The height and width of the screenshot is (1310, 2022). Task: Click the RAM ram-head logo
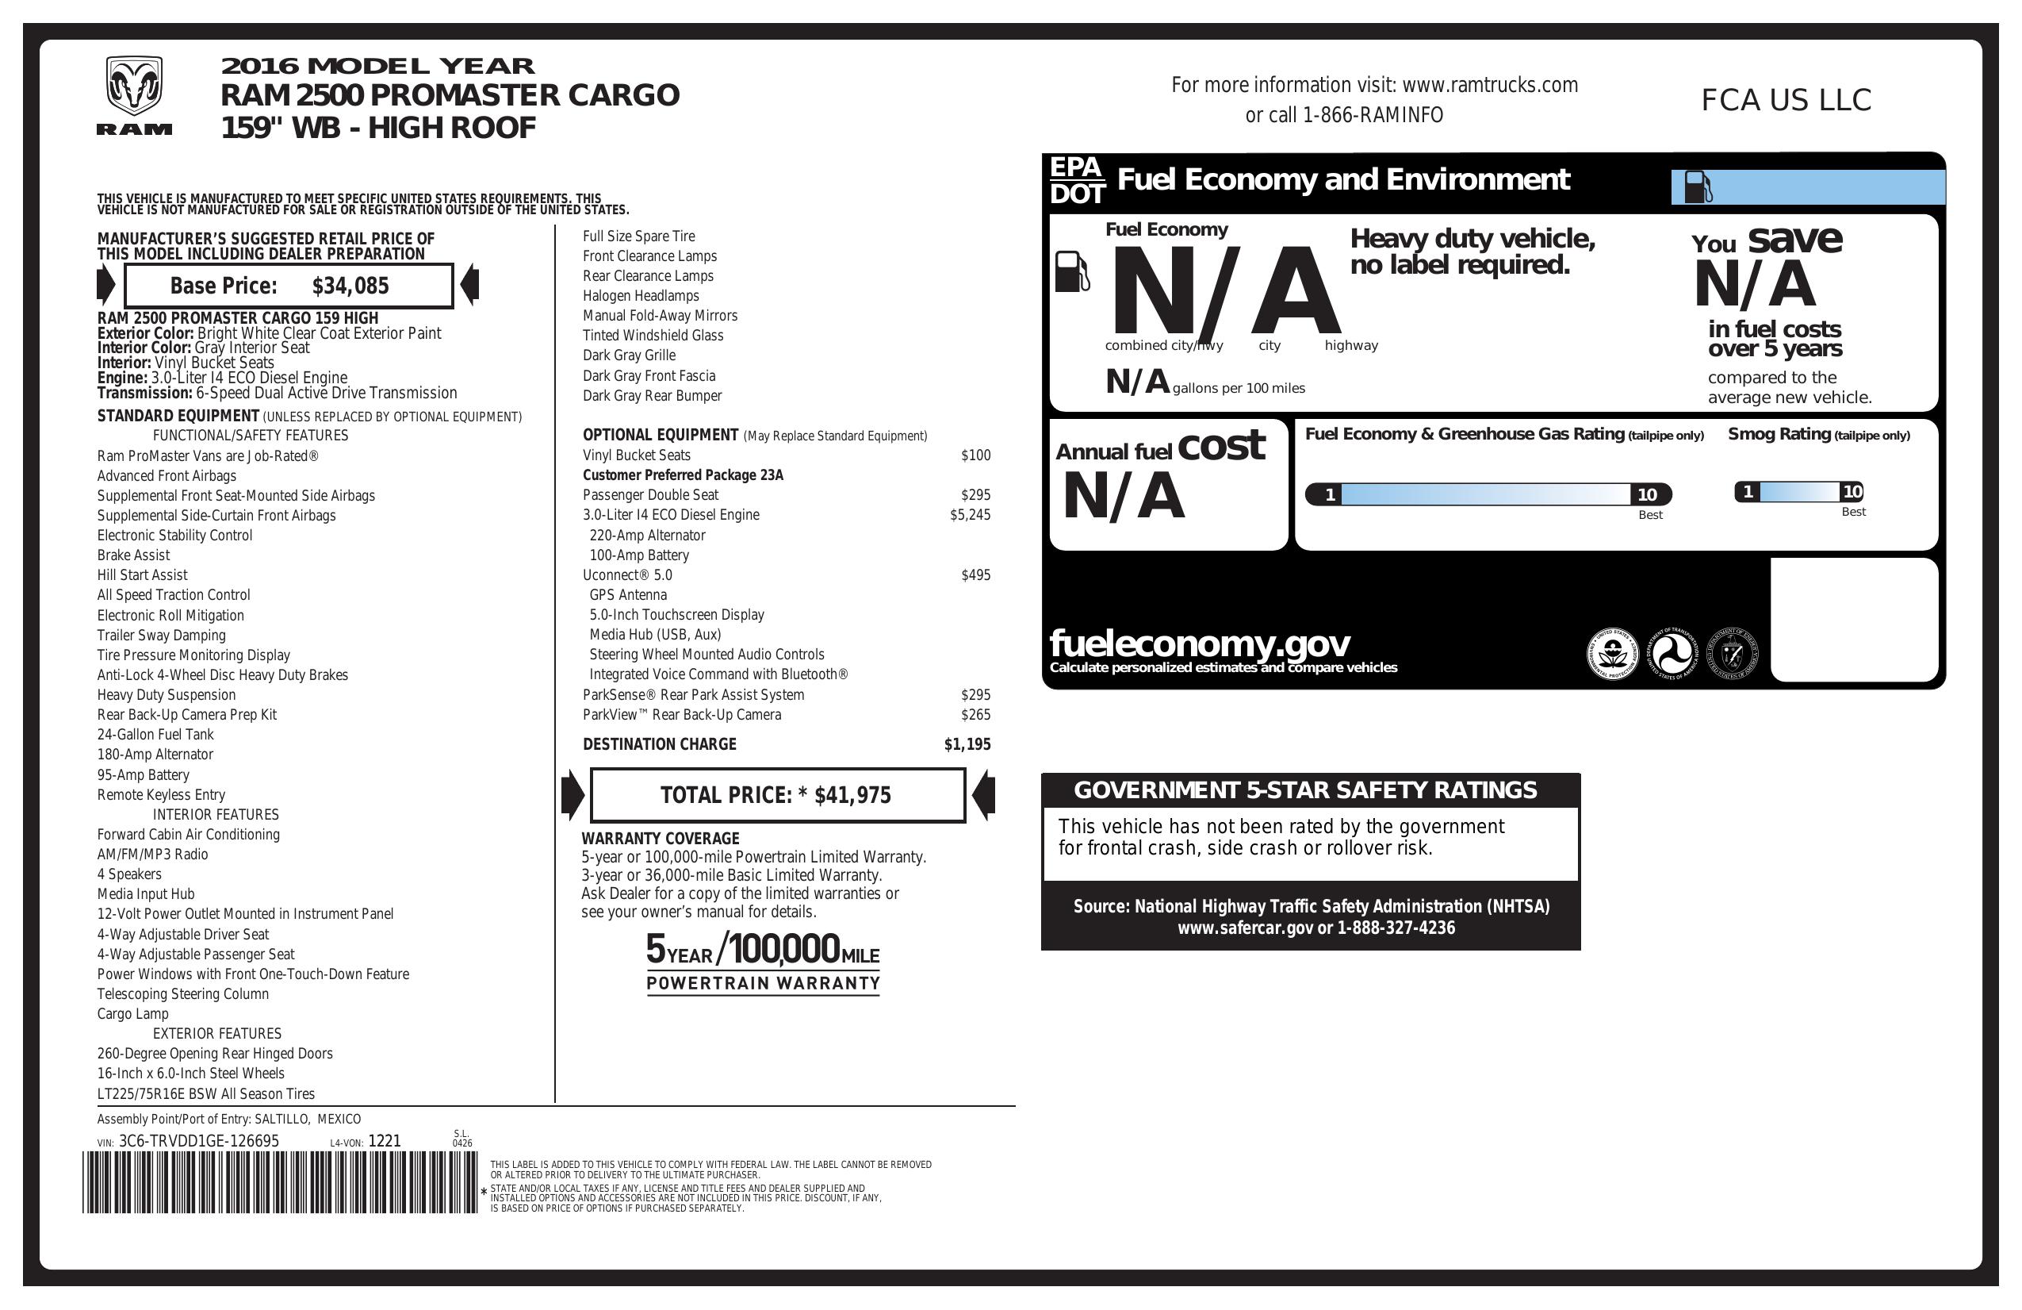tap(133, 87)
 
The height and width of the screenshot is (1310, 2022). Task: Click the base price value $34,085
tap(350, 286)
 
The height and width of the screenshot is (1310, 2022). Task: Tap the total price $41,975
tap(852, 796)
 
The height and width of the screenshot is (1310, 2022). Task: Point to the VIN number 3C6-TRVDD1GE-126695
tap(199, 1142)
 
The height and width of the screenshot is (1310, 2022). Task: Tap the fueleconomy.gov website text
tap(1199, 643)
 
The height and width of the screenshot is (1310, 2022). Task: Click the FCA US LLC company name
tap(1786, 100)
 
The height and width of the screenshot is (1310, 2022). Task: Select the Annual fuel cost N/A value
tap(1123, 497)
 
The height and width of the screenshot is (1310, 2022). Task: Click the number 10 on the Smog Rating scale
tap(1852, 491)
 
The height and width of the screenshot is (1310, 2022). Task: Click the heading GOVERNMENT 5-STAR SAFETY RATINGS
tap(1305, 790)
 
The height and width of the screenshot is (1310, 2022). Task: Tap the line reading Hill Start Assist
tap(142, 575)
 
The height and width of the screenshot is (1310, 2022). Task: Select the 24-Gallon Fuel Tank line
tap(155, 735)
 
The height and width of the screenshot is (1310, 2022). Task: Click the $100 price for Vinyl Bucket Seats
tap(975, 455)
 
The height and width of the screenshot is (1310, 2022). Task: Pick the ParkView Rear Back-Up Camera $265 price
tap(975, 715)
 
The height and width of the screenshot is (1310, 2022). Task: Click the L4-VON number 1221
tap(384, 1142)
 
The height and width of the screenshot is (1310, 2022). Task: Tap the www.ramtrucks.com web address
tap(1489, 85)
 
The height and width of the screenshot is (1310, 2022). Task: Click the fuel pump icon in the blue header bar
tap(1698, 187)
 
